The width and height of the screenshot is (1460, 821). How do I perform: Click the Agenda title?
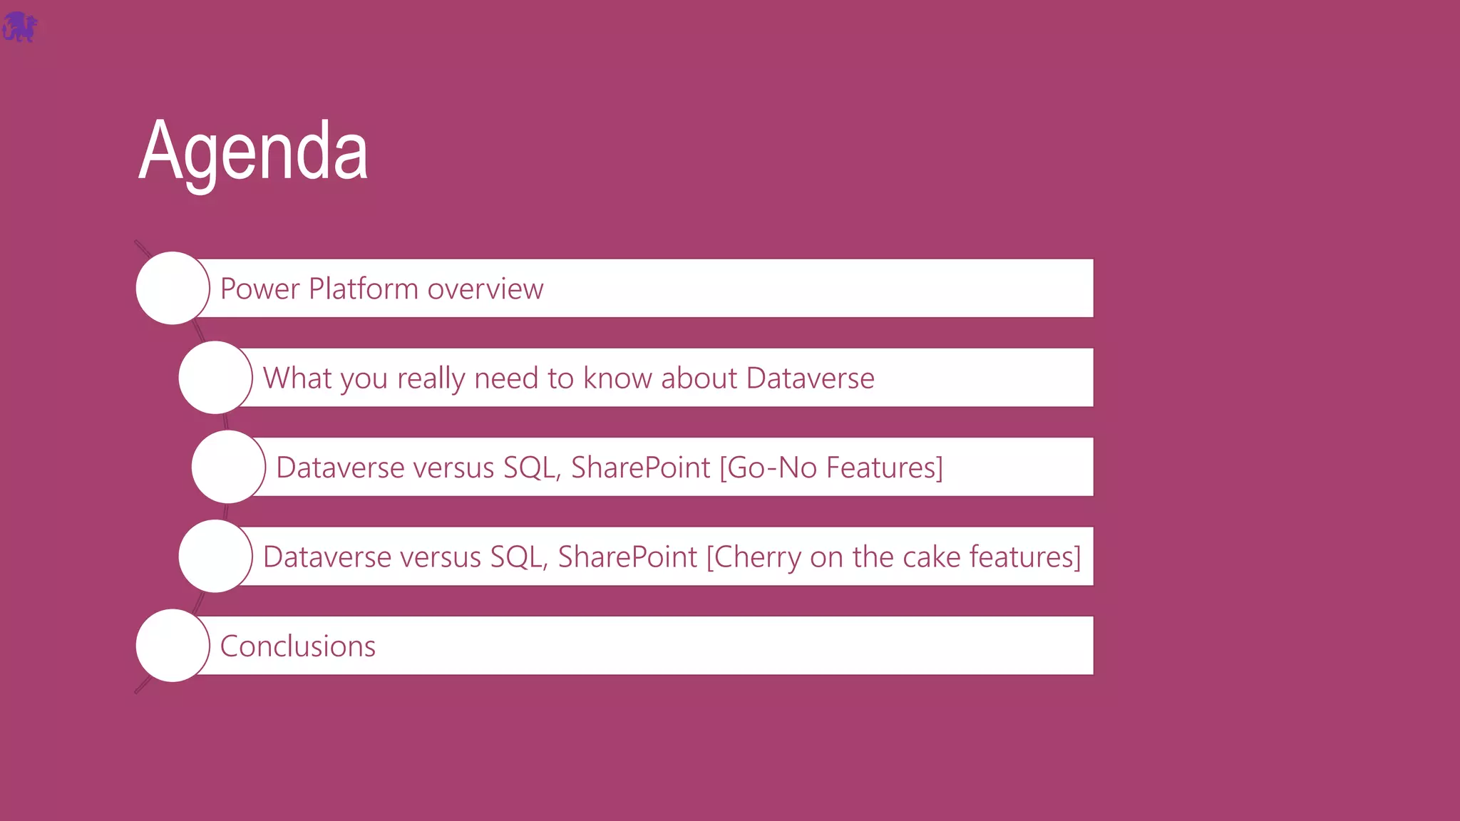(253, 151)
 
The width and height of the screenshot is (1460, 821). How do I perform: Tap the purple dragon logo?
(19, 27)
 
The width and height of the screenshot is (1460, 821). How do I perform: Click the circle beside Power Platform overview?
(173, 288)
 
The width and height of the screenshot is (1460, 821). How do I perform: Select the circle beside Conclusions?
(173, 646)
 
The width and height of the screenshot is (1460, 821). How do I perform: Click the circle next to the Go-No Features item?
(228, 467)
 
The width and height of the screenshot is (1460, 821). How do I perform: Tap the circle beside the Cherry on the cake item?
(215, 556)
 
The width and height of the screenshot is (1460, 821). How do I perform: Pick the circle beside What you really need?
(215, 378)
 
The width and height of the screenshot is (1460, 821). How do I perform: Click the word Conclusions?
(297, 646)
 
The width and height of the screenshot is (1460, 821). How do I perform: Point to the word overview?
(485, 289)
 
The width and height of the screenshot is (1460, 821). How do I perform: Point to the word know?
(618, 378)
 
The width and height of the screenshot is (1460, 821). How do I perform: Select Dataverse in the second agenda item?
(810, 378)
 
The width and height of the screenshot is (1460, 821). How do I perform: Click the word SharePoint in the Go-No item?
(640, 468)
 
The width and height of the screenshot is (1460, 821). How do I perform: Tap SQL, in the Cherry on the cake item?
(519, 557)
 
